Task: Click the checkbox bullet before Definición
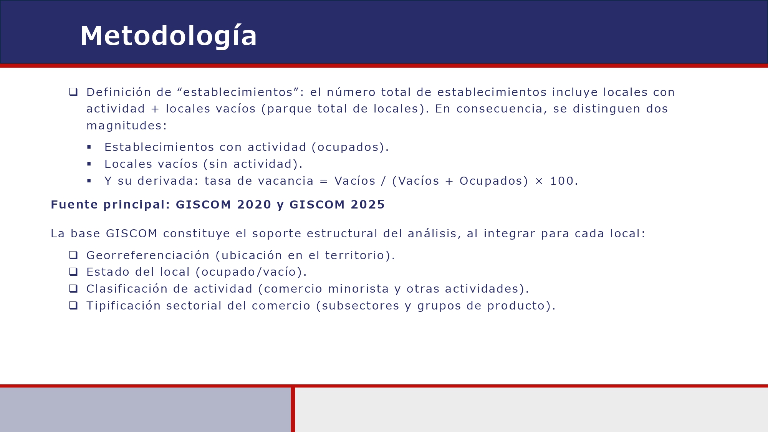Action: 73,92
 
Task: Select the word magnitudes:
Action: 127,126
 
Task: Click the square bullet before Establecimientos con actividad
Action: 89,147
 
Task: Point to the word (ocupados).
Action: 350,147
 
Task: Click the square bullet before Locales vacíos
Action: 89,164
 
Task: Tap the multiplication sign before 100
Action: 539,181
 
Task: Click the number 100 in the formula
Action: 562,181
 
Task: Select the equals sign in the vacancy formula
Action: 324,181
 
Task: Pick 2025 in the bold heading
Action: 367,205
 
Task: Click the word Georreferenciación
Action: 148,255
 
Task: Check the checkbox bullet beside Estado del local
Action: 73,271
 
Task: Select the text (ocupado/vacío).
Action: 251,272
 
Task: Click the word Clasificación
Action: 127,289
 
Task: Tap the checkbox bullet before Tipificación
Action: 73,305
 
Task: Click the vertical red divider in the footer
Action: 293,409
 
